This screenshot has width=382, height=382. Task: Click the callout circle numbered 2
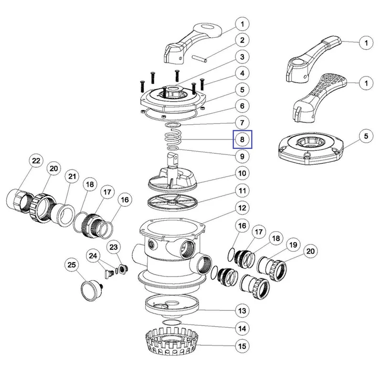pos(242,40)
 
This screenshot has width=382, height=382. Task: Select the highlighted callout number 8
pos(242,139)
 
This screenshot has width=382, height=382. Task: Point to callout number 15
pos(242,345)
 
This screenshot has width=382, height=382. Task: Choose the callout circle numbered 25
pos(72,264)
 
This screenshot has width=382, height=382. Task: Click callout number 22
pos(35,161)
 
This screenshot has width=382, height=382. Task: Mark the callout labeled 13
pos(242,311)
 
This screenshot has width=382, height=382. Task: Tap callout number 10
pos(242,173)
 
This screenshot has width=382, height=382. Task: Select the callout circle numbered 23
pos(114,246)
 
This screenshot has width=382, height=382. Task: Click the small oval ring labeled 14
pos(172,323)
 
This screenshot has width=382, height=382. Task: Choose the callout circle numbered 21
pos(72,177)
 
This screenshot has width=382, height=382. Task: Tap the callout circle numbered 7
pos(242,122)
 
